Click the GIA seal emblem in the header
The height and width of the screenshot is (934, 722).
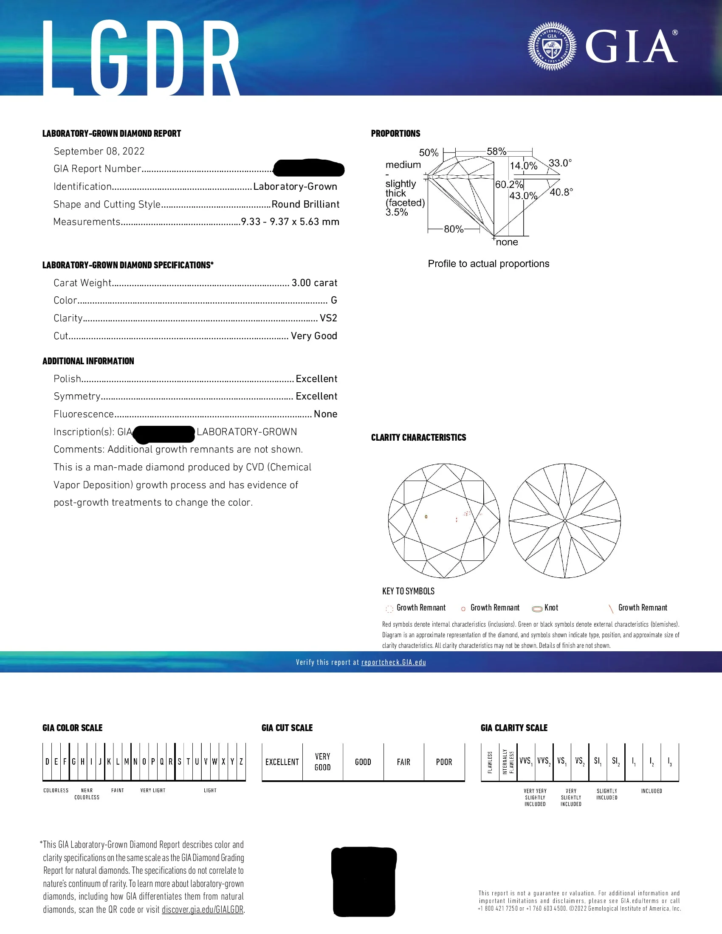coord(552,46)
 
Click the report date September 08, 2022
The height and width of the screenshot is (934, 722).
coord(99,152)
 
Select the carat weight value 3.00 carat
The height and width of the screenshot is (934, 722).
coord(314,283)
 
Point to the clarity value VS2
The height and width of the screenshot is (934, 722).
coord(328,318)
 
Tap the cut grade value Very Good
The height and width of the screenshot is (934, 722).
coord(314,336)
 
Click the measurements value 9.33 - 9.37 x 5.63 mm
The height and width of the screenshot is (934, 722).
coord(290,222)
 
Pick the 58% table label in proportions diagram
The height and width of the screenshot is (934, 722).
coord(496,152)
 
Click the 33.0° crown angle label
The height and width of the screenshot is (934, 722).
coord(560,163)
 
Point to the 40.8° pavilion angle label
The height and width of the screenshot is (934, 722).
coord(561,192)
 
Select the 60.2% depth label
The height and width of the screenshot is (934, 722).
coord(509,184)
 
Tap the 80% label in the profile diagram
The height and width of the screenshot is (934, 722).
coord(454,229)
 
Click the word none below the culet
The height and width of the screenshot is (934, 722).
coord(507,242)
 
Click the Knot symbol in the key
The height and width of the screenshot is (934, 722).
coord(537,609)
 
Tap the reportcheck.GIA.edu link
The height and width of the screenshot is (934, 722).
coord(394,662)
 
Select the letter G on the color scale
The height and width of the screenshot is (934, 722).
coord(73,762)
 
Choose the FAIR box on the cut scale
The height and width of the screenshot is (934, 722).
coord(403,762)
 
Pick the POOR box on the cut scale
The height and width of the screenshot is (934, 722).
coord(444,762)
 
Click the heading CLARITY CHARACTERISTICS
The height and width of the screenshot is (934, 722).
coord(418,437)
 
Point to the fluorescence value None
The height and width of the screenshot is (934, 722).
coord(325,414)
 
